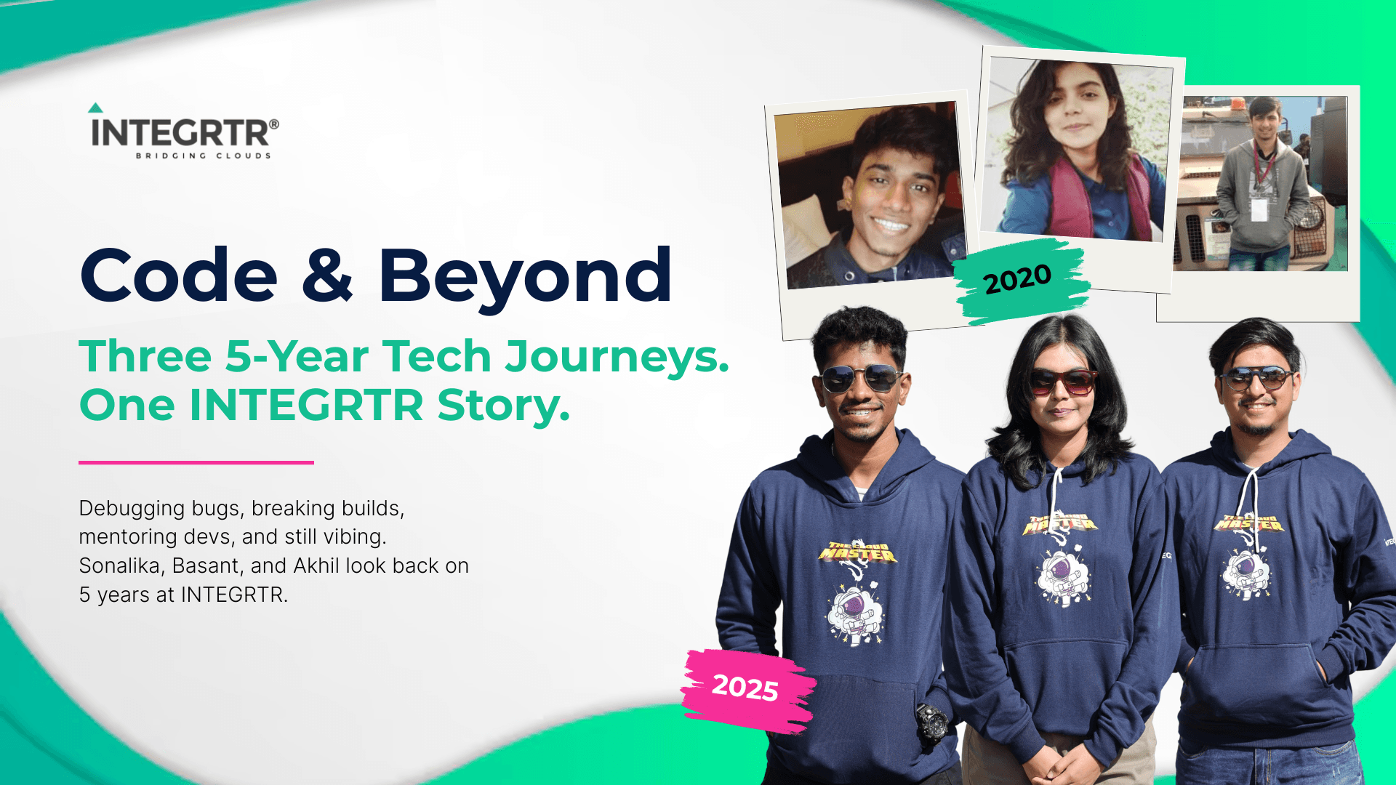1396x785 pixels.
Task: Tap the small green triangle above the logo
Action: pos(95,108)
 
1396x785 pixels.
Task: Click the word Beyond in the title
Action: pos(525,278)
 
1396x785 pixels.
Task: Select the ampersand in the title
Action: pos(327,274)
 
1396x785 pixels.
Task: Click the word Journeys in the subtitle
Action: pos(617,358)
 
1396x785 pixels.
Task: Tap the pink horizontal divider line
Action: pos(196,462)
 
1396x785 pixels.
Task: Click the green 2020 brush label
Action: pos(1019,279)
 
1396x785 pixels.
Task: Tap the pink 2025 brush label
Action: pos(747,689)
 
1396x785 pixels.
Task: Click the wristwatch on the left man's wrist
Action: pos(931,722)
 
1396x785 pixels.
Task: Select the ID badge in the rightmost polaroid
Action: pos(1259,209)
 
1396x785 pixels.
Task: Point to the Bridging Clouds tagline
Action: pos(204,156)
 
